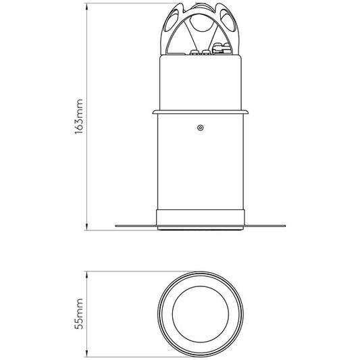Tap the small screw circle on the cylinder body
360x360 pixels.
pyautogui.click(x=200, y=126)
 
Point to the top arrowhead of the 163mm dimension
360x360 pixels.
pyautogui.click(x=88, y=7)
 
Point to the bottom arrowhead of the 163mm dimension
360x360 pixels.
pyautogui.click(x=88, y=227)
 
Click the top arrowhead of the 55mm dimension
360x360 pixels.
pyautogui.click(x=88, y=275)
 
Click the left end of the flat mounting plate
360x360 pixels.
pyautogui.click(x=118, y=225)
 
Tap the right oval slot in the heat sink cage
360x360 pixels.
pyautogui.click(x=225, y=28)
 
